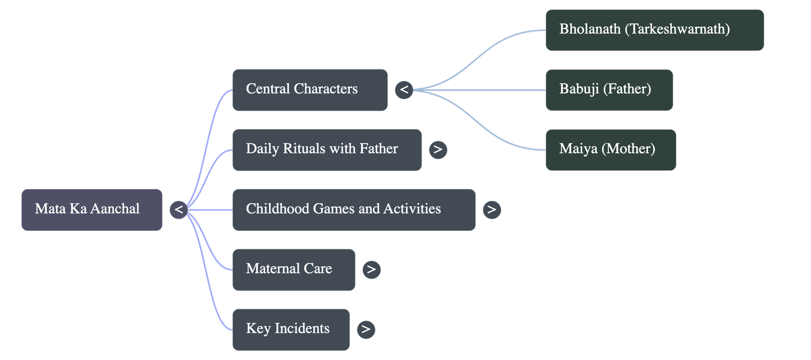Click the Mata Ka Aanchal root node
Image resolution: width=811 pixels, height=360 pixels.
click(x=92, y=209)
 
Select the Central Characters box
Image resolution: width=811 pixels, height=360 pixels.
click(x=310, y=90)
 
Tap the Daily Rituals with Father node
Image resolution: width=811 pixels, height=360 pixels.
click(x=326, y=150)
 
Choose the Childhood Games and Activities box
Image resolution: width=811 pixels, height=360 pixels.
click(x=354, y=209)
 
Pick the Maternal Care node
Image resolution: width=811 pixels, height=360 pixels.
click(x=293, y=269)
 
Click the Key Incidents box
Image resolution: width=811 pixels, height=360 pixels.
click(x=290, y=329)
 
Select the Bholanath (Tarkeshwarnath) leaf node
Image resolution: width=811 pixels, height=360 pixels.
click(x=654, y=29)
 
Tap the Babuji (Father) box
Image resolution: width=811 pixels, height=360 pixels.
click(x=609, y=90)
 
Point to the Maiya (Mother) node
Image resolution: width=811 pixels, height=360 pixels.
click(x=610, y=150)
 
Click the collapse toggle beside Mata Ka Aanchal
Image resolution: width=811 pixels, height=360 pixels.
click(x=178, y=209)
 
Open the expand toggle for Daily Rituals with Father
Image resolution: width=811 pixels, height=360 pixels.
click(x=438, y=150)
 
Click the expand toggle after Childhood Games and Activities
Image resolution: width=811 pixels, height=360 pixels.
click(x=492, y=209)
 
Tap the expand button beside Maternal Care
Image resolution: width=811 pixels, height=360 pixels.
click(x=371, y=269)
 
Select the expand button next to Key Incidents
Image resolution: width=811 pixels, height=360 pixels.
click(x=366, y=329)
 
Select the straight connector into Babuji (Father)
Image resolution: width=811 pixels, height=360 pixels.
click(x=482, y=90)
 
